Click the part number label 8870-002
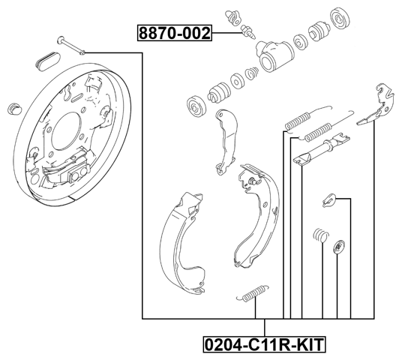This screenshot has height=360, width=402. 174,33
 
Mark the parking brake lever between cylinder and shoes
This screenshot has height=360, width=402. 224,139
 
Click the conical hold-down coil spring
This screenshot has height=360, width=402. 319,235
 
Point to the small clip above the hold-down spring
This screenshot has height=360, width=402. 327,198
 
